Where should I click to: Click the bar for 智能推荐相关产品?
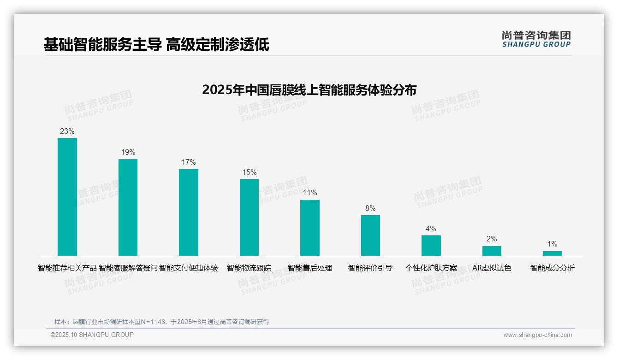(x=67, y=197)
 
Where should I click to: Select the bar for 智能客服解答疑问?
(x=128, y=207)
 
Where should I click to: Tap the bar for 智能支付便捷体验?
(x=189, y=212)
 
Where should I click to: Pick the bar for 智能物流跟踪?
(x=249, y=217)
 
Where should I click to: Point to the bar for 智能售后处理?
(x=310, y=228)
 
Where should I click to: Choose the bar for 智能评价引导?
(x=370, y=235)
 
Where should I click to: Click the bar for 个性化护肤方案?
(x=431, y=246)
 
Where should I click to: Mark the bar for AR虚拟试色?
(x=492, y=251)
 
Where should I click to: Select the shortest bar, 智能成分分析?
(x=552, y=253)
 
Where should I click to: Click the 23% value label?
(x=67, y=132)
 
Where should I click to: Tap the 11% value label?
(x=310, y=193)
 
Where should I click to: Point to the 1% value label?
(x=552, y=244)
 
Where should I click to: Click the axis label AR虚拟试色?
(x=492, y=268)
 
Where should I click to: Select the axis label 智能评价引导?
(x=370, y=268)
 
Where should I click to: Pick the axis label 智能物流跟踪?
(x=249, y=268)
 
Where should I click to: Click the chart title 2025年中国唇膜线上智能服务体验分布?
(x=309, y=90)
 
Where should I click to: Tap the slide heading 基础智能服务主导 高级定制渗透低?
(x=156, y=45)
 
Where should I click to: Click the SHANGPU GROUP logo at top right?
(x=536, y=39)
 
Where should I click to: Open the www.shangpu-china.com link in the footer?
(x=537, y=335)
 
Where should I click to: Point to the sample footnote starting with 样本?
(x=161, y=322)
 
